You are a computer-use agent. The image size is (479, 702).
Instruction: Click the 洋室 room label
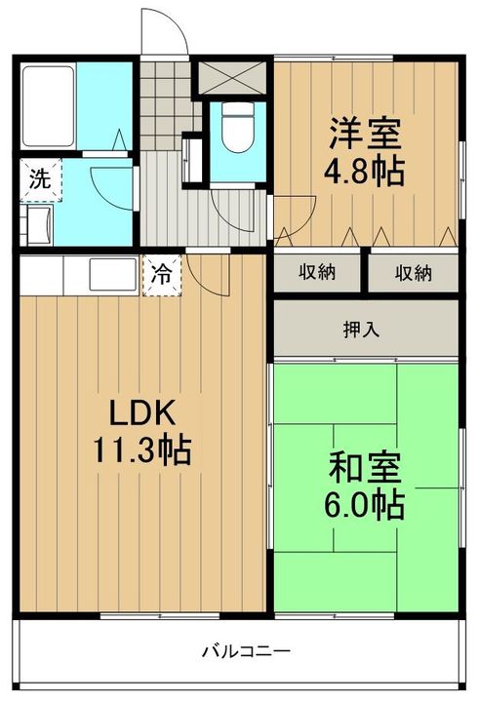click(365, 133)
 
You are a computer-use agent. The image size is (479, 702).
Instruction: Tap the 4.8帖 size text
click(364, 172)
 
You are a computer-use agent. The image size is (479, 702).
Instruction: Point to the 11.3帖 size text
click(142, 449)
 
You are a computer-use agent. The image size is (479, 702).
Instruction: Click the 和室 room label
click(365, 468)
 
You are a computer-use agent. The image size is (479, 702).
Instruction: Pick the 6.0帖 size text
click(364, 505)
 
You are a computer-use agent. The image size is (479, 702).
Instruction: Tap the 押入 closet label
click(361, 331)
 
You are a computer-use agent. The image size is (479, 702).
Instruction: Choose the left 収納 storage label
click(317, 272)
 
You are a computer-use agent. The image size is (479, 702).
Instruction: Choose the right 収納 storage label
click(413, 273)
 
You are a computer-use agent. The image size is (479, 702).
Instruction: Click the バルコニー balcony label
click(246, 650)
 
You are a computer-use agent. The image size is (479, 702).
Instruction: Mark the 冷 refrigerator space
click(162, 275)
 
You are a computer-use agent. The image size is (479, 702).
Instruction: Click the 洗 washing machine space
click(40, 179)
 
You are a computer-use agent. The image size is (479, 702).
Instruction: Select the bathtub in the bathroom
click(48, 106)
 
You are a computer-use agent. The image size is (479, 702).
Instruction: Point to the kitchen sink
click(113, 274)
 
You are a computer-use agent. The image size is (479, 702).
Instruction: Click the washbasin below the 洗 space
click(37, 225)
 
